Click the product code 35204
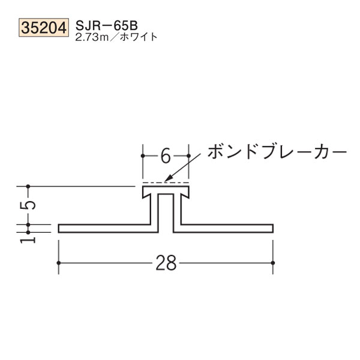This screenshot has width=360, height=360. (44, 28)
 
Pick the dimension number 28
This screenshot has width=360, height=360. (166, 263)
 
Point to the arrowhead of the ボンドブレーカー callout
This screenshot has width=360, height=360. (169, 179)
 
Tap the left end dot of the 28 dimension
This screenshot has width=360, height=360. (58, 263)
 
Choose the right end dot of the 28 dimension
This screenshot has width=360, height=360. (274, 263)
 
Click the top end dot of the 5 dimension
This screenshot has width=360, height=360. (28, 187)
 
